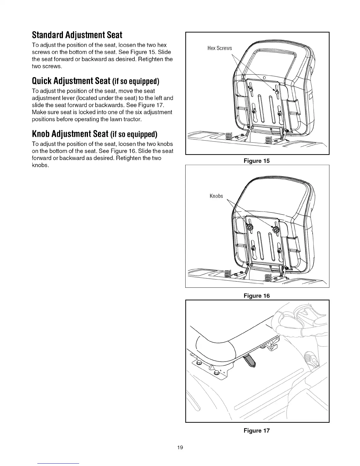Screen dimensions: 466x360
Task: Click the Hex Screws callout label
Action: [219, 48]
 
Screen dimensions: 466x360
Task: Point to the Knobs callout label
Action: [216, 196]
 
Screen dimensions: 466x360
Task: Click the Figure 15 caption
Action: [256, 161]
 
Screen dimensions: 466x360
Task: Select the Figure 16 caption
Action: [256, 296]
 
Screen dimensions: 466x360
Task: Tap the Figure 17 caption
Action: [256, 431]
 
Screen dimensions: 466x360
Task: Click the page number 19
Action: [180, 447]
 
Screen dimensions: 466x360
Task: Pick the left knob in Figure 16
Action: [250, 227]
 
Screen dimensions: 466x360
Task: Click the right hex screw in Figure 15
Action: [277, 91]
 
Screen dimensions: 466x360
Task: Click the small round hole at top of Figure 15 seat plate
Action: [264, 77]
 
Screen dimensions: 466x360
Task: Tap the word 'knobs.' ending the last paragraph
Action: [40, 165]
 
